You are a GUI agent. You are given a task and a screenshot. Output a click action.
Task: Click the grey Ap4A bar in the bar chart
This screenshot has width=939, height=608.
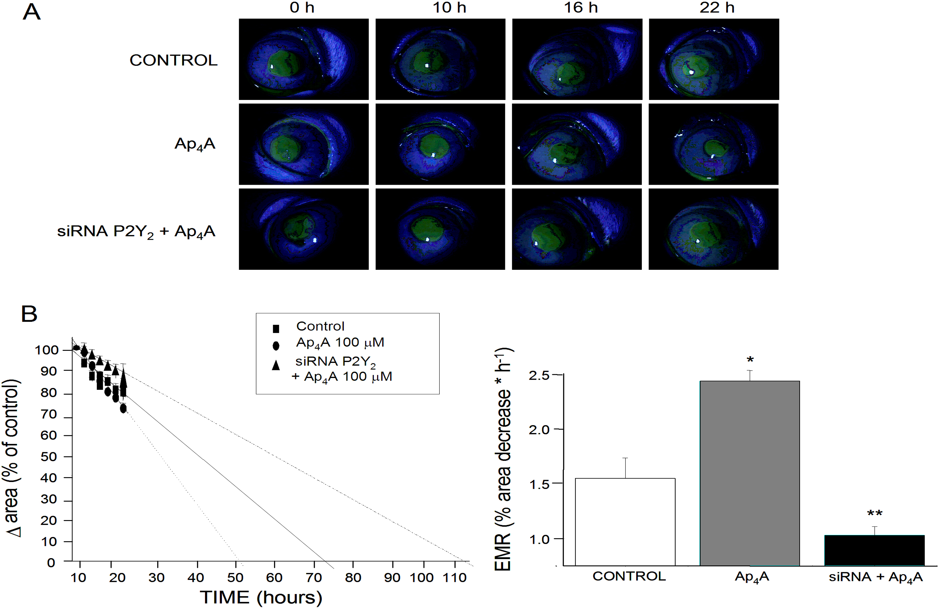coord(749,473)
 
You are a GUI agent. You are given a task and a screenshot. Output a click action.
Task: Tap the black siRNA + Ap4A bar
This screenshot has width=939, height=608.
coord(874,550)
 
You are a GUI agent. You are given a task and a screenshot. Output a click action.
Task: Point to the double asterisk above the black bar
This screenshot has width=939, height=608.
coord(874,514)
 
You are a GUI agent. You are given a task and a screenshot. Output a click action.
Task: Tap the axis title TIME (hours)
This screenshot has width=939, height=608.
coord(261,597)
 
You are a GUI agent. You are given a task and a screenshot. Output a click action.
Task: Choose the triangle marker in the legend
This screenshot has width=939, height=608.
coord(276,365)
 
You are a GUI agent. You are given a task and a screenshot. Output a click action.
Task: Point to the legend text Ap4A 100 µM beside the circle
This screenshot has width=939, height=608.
coord(340,343)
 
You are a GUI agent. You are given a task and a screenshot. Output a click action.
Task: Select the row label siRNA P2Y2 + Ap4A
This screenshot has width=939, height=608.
coord(136,231)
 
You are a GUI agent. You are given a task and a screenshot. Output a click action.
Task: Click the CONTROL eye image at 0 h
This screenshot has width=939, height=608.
coord(304,59)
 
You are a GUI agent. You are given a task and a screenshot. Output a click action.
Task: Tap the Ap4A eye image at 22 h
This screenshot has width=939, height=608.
coord(713,144)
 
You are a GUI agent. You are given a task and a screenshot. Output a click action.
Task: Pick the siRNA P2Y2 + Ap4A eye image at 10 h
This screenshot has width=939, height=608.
coord(440,229)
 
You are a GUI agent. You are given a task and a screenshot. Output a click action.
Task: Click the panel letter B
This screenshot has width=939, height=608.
coord(29,314)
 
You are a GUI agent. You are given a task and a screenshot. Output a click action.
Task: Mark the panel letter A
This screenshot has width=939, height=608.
coord(32,12)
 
